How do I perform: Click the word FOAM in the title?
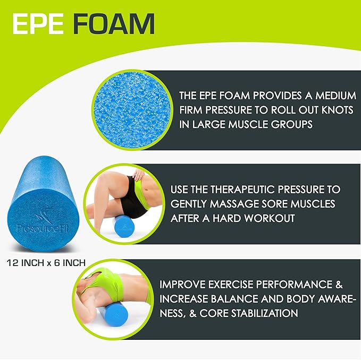[x=114, y=24]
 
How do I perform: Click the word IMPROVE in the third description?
[x=184, y=284]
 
